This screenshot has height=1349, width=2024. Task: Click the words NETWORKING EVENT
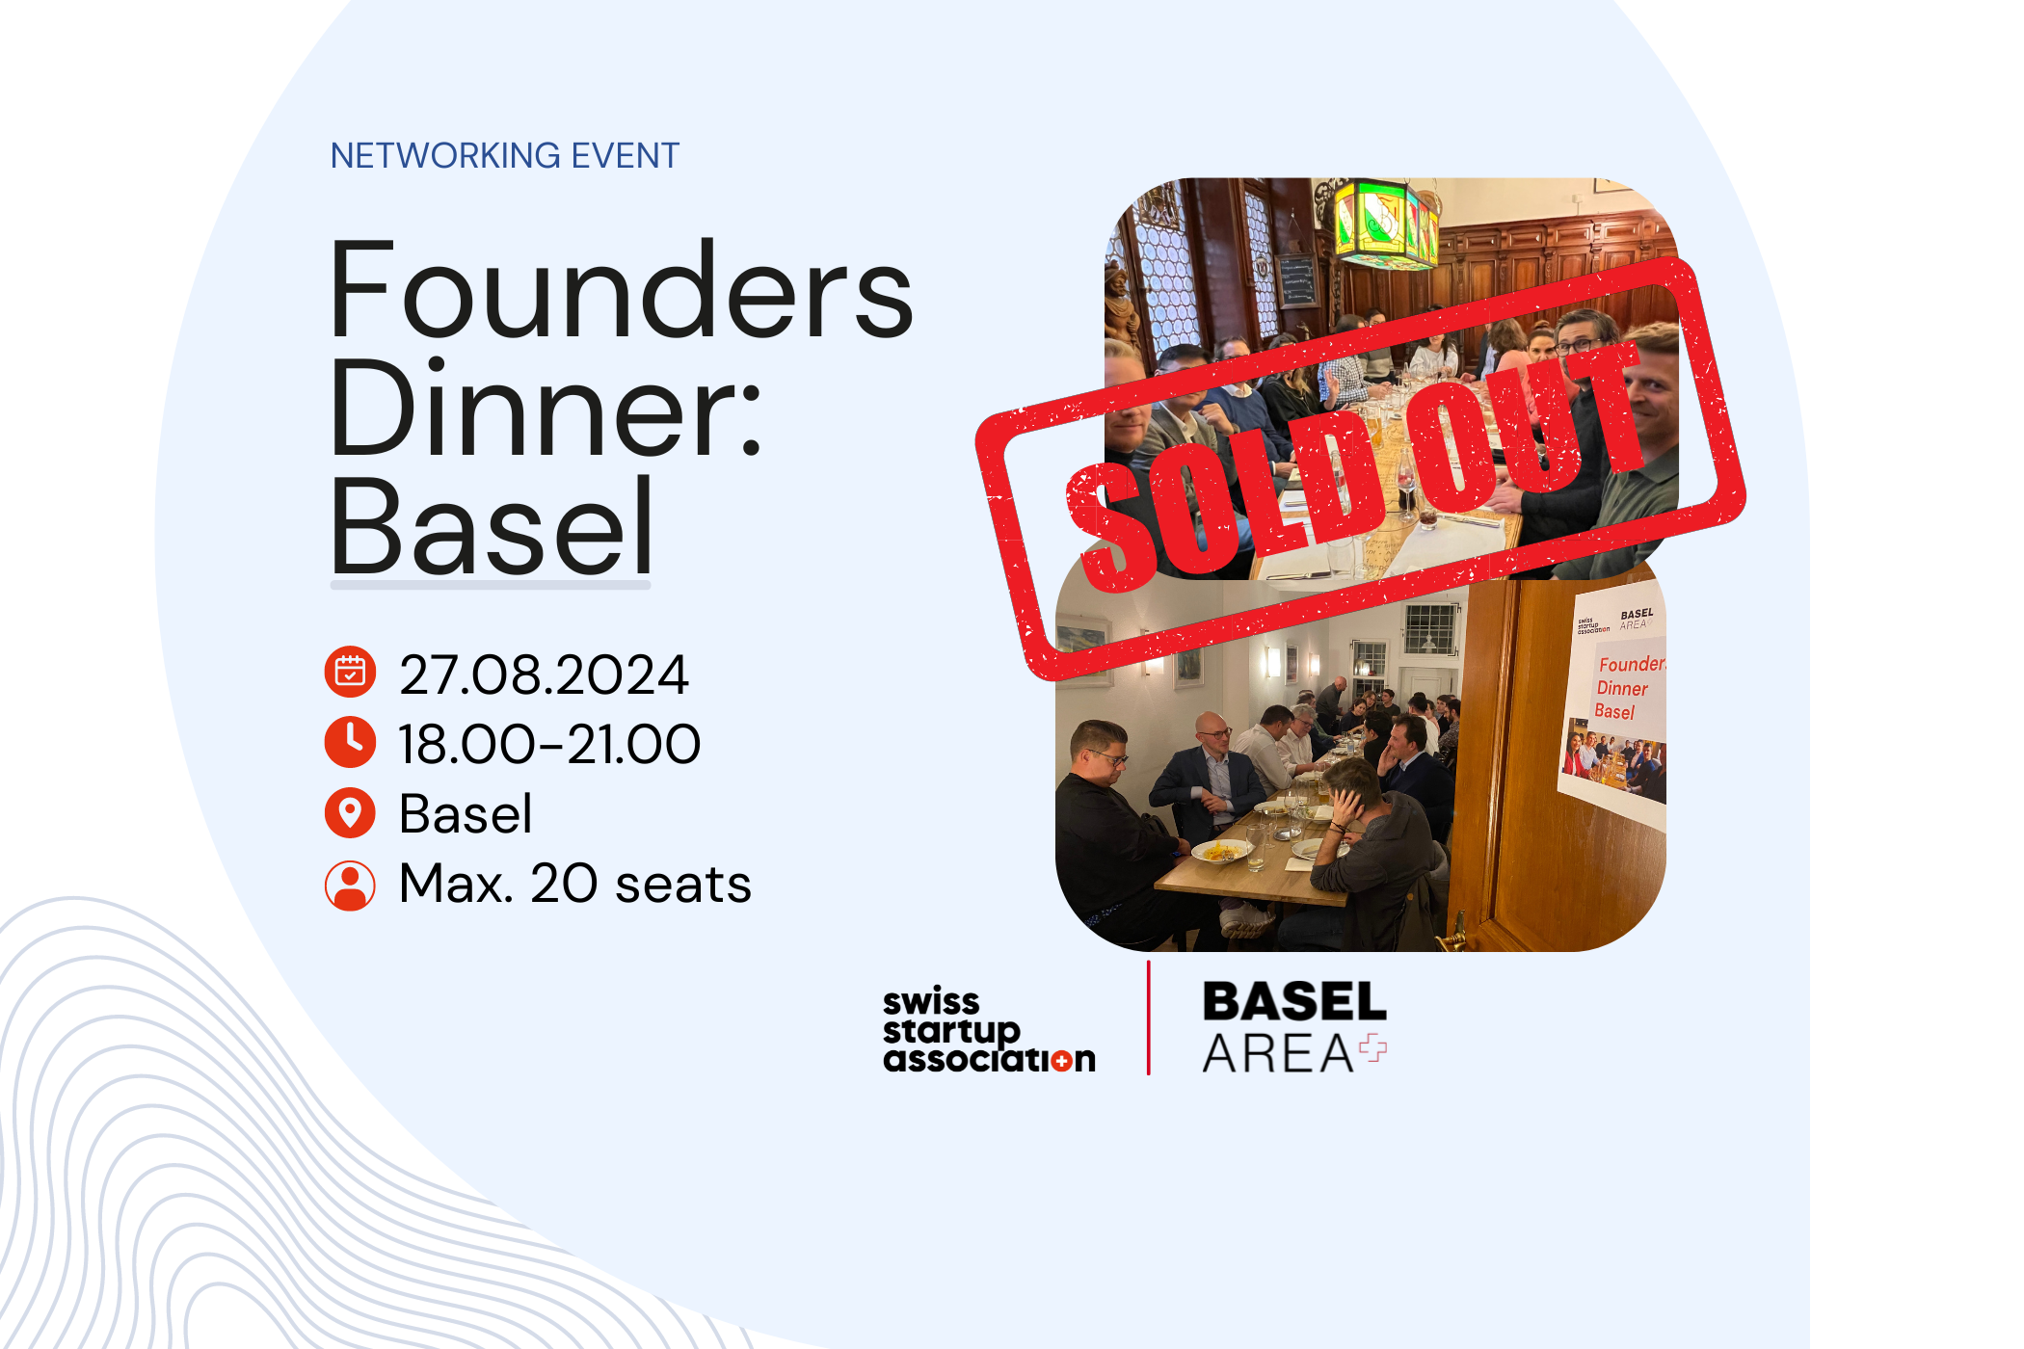pos(504,156)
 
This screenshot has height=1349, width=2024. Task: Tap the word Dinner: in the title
pos(546,410)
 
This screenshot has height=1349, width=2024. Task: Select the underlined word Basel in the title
pos(492,527)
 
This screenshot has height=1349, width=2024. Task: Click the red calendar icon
pos(350,672)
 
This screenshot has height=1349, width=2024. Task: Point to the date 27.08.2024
pos(544,674)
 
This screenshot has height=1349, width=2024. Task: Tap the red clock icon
pos(350,742)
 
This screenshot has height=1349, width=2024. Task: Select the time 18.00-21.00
pos(549,744)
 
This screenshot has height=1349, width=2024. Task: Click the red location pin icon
pos(350,812)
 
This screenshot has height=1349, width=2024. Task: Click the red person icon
pos(350,885)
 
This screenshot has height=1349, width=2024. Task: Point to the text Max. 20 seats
pos(574,884)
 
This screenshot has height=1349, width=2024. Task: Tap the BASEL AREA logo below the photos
pos(1293,1027)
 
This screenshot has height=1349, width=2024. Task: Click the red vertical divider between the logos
pos(1148,1018)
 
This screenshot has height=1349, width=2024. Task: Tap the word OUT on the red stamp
pos(1523,424)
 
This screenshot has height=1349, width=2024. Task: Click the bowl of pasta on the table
pos(1221,851)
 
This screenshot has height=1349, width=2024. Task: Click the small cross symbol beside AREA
pos(1372,1047)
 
